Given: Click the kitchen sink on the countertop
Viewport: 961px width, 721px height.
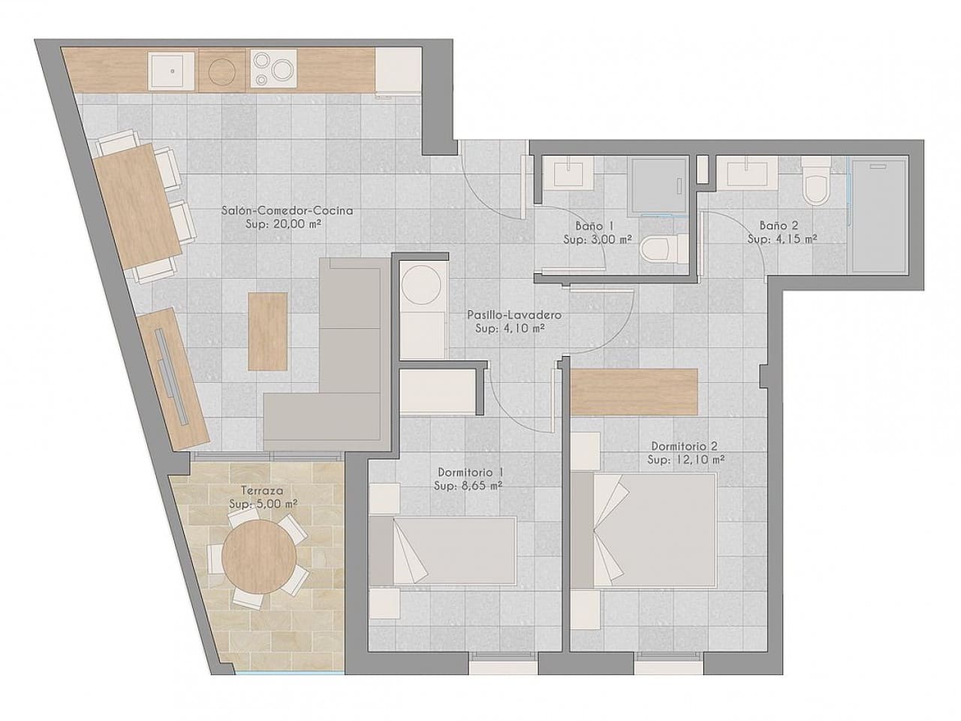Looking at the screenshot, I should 172,71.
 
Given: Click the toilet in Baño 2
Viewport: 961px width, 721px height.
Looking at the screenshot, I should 815,183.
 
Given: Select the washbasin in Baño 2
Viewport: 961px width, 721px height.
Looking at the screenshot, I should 748,174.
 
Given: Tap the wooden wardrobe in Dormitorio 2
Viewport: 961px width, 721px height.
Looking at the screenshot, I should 634,391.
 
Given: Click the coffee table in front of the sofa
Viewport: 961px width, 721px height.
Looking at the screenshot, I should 268,330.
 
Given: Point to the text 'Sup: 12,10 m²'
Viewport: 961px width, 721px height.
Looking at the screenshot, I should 687,460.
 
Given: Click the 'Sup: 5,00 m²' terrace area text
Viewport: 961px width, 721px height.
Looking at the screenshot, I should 263,504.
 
